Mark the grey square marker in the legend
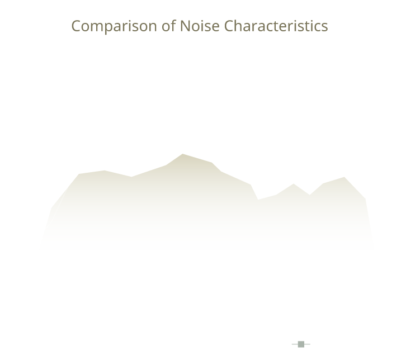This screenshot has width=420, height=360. (301, 344)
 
